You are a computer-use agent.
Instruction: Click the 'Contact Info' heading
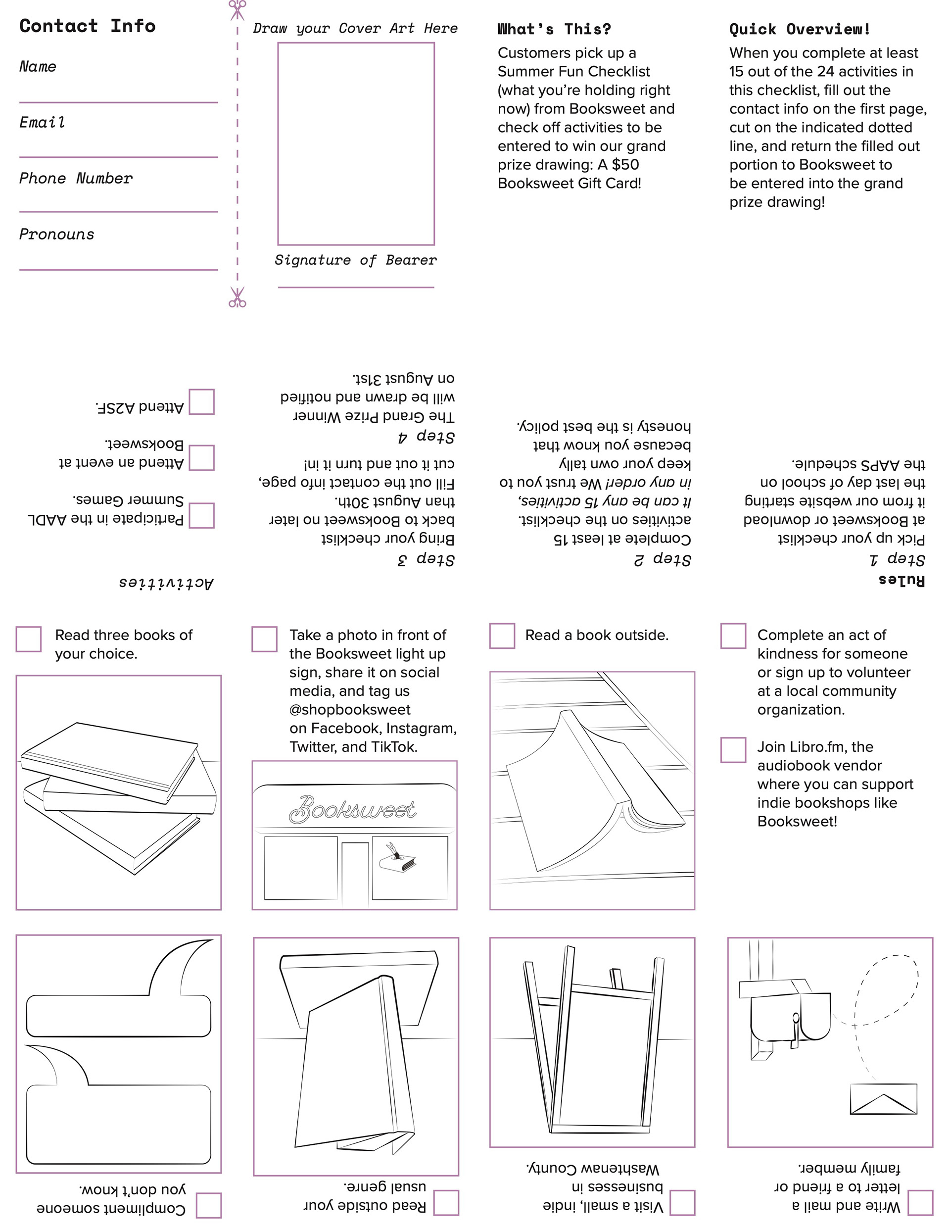point(87,26)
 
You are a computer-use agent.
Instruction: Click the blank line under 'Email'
point(118,156)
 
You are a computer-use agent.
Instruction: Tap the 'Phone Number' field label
point(76,179)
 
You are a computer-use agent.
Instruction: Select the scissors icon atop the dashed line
point(237,9)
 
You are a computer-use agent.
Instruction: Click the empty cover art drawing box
point(356,144)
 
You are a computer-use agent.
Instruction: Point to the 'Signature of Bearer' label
point(355,260)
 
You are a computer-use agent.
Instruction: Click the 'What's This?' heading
point(554,29)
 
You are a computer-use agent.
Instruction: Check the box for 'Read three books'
point(29,639)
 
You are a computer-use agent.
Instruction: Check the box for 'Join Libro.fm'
point(733,749)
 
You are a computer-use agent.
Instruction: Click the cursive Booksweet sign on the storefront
point(352,809)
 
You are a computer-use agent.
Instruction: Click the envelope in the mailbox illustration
point(883,1098)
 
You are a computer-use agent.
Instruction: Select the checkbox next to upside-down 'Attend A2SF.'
point(201,401)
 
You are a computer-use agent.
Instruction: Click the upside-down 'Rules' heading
point(902,580)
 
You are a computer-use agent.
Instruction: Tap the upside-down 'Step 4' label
point(427,437)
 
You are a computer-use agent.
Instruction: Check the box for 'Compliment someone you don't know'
point(208,1205)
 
